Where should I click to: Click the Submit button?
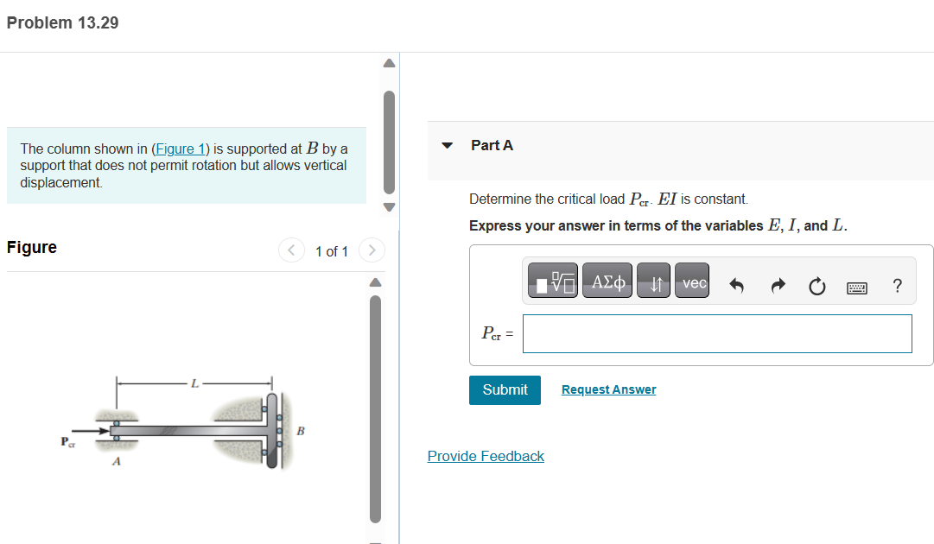(x=505, y=389)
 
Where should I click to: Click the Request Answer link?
(x=608, y=389)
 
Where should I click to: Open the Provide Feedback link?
(x=486, y=456)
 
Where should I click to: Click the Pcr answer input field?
(x=717, y=333)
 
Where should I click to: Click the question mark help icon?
(x=898, y=286)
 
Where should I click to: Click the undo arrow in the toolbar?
(x=737, y=286)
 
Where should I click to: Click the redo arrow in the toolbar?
(x=777, y=286)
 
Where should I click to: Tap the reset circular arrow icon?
(x=816, y=286)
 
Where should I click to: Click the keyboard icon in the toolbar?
(x=858, y=286)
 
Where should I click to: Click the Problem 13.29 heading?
(x=62, y=23)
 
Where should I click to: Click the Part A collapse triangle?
(x=447, y=146)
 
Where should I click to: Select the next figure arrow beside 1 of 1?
(x=372, y=251)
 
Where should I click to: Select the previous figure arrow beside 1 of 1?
(x=291, y=251)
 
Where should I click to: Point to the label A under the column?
(x=116, y=462)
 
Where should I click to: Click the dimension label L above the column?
(x=194, y=383)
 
